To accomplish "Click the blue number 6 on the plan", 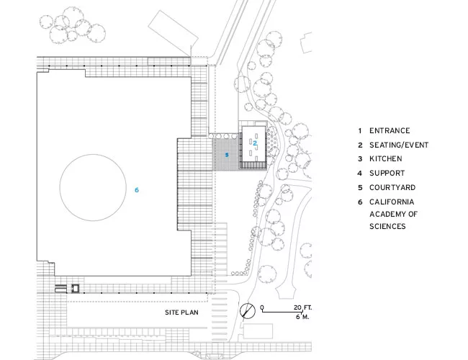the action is [x=137, y=190].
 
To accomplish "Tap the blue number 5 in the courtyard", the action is [x=227, y=155].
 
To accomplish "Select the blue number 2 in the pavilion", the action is [x=255, y=143].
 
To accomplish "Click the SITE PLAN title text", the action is [x=181, y=312].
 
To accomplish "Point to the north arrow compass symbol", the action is [x=248, y=310].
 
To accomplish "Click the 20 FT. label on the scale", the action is [x=302, y=307].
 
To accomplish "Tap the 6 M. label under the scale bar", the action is [x=302, y=317].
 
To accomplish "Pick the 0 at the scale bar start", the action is [x=262, y=307].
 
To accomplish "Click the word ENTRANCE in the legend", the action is [x=390, y=131].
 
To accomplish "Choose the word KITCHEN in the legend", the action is [x=386, y=159].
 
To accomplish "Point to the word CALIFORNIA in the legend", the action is [x=392, y=202].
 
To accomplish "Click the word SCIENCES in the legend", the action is [x=387, y=226].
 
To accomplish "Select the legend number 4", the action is [x=360, y=173].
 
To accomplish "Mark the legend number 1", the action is [x=360, y=131].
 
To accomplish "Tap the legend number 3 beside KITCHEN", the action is [x=360, y=159].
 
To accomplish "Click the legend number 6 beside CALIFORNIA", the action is [x=360, y=202].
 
